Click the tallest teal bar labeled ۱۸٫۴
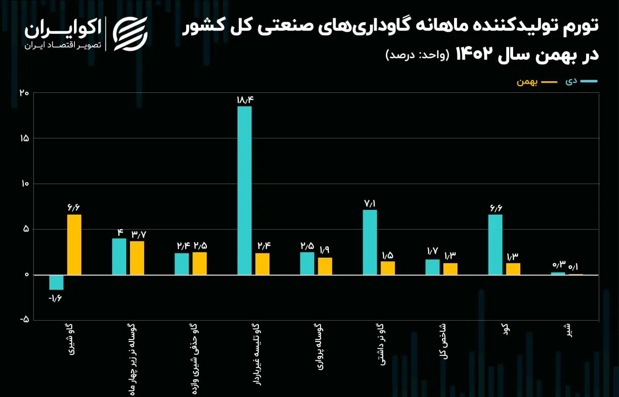[245, 191]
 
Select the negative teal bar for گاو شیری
[57, 282]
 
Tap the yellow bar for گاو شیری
[74, 245]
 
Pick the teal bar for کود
[495, 245]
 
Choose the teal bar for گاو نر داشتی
[370, 242]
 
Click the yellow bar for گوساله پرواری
[325, 266]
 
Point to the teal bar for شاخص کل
[432, 267]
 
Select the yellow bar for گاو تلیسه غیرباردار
[262, 264]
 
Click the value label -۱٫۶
[55, 299]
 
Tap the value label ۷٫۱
[370, 204]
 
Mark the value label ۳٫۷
[139, 235]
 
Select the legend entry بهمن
[537, 82]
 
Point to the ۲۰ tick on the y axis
[24, 93]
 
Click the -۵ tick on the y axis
[24, 319]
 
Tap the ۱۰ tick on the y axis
[25, 184]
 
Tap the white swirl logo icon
[130, 34]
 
